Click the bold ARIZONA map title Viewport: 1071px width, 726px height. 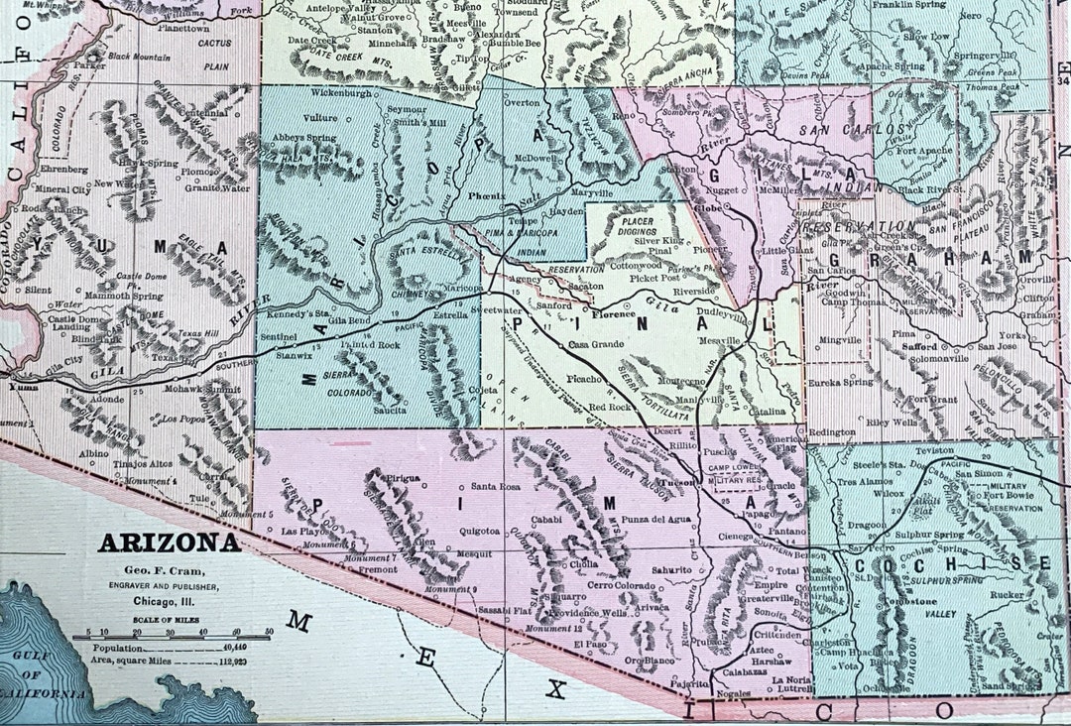point(168,544)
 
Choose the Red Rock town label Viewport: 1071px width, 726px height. point(610,408)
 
